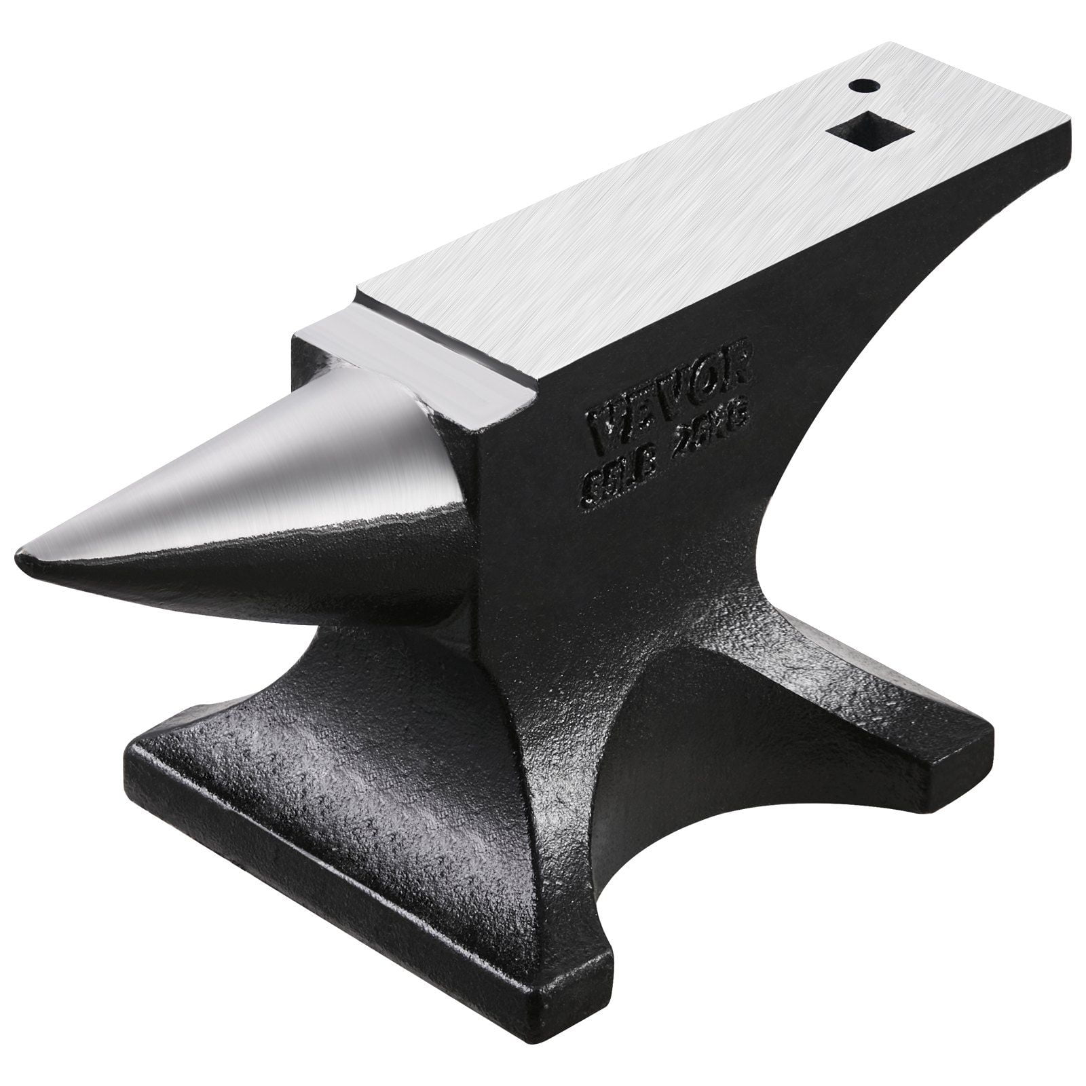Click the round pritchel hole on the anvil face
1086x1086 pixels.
pyautogui.click(x=863, y=86)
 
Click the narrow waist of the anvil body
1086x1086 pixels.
pyautogui.click(x=611, y=611)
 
